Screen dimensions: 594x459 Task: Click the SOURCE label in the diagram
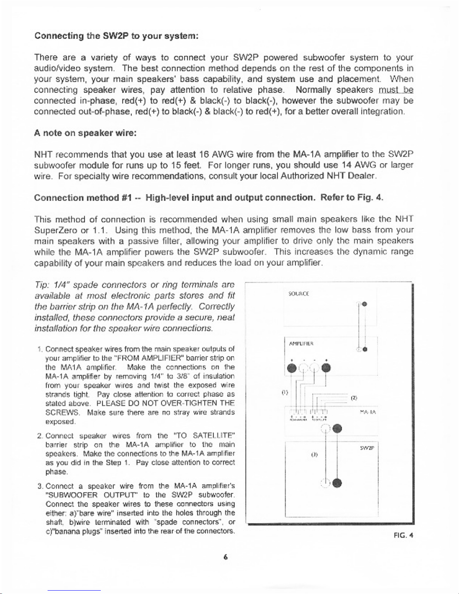tap(298, 294)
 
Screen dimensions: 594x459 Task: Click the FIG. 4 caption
tap(404, 535)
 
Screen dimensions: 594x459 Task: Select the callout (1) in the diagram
tap(284, 393)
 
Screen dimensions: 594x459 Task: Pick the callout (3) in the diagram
tap(315, 455)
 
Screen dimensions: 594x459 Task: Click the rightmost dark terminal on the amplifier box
tap(326, 368)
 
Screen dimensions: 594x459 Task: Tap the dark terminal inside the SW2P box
tap(337, 483)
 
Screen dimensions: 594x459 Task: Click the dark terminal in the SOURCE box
tap(364, 304)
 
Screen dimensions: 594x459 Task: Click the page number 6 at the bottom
tap(225, 557)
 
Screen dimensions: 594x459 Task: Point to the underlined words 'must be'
tap(396, 90)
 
